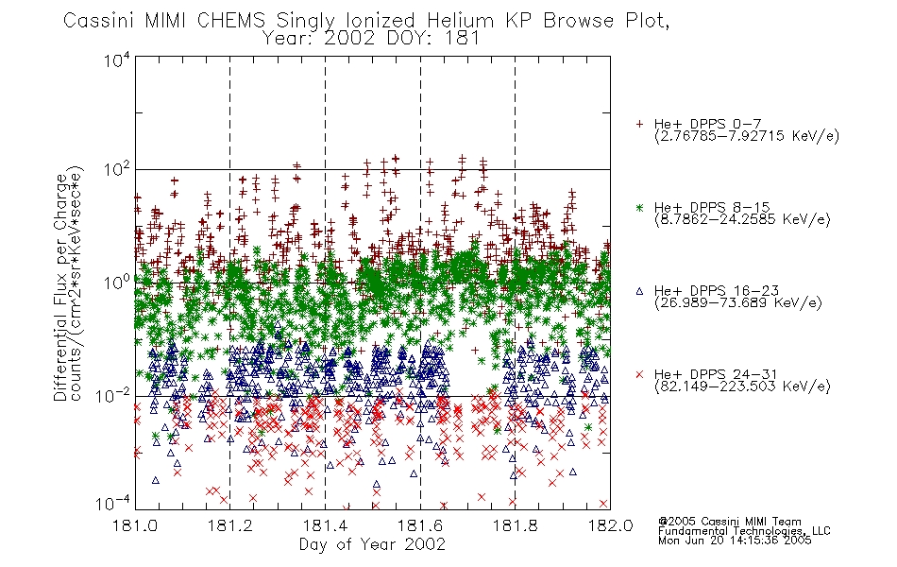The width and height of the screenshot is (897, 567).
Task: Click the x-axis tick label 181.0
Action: [x=135, y=525]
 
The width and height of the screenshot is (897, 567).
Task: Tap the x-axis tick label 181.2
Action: [x=230, y=525]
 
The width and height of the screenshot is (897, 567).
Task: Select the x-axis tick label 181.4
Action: [x=325, y=525]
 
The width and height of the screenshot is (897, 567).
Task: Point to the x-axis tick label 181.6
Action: [x=420, y=525]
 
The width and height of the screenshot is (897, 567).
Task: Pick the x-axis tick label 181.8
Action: [x=515, y=525]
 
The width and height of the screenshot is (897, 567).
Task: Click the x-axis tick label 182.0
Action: [x=610, y=525]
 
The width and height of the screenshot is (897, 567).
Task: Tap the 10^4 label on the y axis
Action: [x=117, y=60]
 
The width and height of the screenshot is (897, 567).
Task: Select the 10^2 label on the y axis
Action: [x=117, y=170]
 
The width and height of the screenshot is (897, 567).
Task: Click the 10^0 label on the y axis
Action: [x=117, y=283]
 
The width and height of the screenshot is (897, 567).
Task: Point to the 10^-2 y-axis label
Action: [x=113, y=395]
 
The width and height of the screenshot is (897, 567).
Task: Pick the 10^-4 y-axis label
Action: [x=113, y=504]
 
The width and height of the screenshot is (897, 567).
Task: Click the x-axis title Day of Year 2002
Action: [x=372, y=544]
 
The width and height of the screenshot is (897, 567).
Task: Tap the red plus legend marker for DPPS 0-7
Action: [x=639, y=124]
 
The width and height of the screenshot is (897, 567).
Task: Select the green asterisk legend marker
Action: [x=639, y=207]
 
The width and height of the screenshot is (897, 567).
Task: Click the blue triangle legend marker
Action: [x=639, y=291]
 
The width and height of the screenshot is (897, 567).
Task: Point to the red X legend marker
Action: [x=639, y=374]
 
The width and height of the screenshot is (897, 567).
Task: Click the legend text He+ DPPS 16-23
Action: [x=717, y=291]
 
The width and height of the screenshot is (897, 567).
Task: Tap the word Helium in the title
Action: [x=460, y=21]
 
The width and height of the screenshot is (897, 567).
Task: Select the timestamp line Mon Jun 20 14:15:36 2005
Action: [x=735, y=541]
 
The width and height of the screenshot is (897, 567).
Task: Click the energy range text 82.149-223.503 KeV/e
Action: [x=742, y=387]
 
